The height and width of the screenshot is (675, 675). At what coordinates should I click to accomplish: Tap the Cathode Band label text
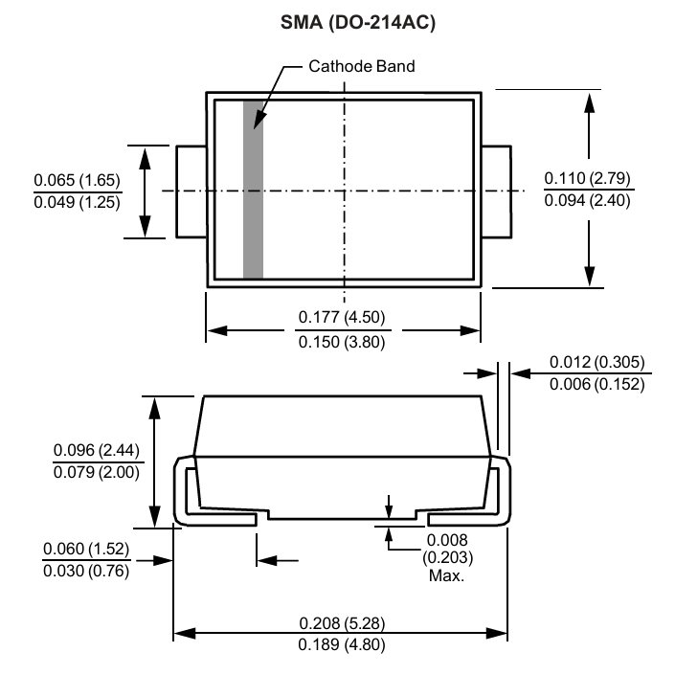(x=361, y=67)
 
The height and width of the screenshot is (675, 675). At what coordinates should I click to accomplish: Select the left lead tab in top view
(x=191, y=191)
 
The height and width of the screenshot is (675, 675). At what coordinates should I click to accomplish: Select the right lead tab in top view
(x=495, y=191)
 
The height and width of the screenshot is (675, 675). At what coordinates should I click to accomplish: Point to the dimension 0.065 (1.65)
(x=78, y=180)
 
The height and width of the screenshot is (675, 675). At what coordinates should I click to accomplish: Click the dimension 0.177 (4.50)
(x=343, y=318)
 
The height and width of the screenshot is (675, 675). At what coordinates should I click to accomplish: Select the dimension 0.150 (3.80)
(x=343, y=342)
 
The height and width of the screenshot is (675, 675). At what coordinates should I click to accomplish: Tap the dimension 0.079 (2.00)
(x=97, y=473)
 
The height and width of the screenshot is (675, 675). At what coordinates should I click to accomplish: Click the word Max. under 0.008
(x=445, y=576)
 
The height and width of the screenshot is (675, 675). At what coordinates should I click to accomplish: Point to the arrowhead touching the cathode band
(x=257, y=122)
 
